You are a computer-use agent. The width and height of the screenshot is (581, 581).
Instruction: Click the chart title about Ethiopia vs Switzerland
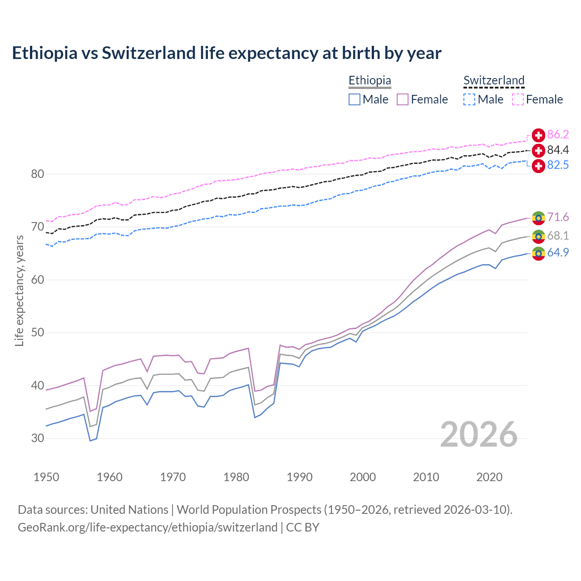tap(226, 53)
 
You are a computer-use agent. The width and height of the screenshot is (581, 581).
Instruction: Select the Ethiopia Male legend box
tap(355, 99)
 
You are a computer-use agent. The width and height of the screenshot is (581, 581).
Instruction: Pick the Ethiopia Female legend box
tap(403, 99)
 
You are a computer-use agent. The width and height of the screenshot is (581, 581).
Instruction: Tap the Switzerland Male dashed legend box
tap(469, 99)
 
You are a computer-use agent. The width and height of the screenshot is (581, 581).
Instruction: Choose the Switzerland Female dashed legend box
tap(518, 99)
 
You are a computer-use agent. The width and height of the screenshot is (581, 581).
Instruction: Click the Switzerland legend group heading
tap(494, 80)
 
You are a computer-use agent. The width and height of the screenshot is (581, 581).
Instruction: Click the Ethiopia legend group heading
tap(369, 80)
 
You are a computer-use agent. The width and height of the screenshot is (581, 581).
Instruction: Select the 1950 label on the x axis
tap(46, 477)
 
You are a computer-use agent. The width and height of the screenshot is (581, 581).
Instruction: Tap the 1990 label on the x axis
tap(300, 477)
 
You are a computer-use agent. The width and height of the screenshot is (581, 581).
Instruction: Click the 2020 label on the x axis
tap(489, 477)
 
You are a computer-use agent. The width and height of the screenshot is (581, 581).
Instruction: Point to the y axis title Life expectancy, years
tap(20, 290)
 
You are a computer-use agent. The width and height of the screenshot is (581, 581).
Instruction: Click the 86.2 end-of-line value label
tap(558, 134)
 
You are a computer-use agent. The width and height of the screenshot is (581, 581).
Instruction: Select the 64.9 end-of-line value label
tap(558, 252)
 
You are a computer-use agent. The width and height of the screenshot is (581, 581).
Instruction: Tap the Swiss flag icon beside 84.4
tap(538, 150)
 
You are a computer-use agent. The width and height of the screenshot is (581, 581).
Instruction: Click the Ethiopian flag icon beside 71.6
tap(538, 218)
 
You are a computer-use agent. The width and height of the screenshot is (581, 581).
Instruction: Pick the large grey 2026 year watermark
tap(479, 434)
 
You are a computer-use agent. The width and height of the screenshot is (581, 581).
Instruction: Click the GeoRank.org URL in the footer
tap(148, 527)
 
